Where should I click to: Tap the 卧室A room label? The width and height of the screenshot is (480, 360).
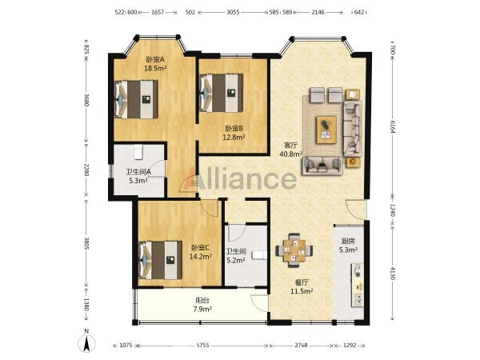(155, 59)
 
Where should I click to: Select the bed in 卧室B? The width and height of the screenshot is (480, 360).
(221, 93)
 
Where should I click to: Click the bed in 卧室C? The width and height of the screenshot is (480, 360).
(159, 260)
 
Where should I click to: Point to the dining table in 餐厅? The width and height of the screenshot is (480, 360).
(294, 250)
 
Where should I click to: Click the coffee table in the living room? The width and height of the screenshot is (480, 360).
(326, 130)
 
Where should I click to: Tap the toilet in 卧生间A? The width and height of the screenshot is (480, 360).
(138, 152)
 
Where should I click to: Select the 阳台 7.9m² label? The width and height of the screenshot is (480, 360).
(202, 305)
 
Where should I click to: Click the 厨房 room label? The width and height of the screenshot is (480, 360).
(348, 241)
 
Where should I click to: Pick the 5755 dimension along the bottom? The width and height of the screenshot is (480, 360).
(202, 346)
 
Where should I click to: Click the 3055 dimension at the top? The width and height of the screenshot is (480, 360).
(233, 12)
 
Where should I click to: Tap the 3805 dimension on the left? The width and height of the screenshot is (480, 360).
(86, 243)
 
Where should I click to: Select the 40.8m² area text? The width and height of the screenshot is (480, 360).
(290, 154)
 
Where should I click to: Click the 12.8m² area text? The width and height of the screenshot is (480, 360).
(234, 137)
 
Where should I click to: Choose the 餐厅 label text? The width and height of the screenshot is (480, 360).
(302, 283)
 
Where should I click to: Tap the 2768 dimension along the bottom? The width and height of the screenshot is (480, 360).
(302, 346)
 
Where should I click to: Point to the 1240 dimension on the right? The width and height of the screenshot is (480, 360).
(393, 210)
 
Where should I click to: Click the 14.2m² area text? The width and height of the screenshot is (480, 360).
(201, 256)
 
